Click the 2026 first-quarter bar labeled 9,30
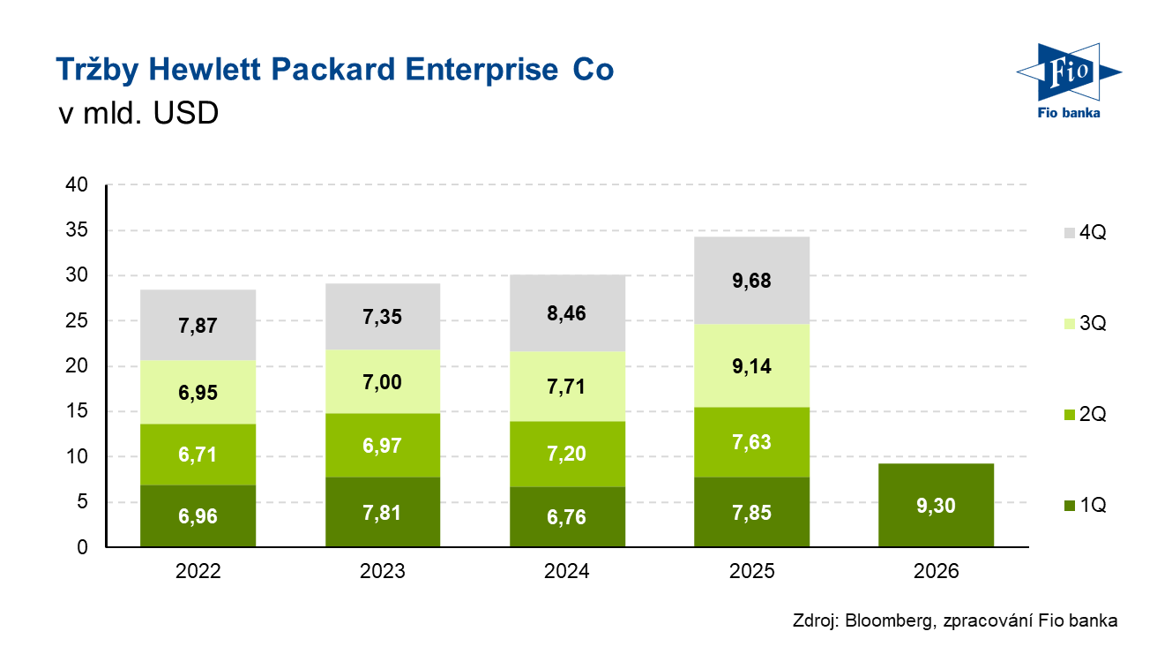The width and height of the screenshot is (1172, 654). click(936, 506)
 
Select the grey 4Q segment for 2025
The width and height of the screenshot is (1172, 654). click(751, 281)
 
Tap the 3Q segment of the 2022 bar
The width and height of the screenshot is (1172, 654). click(198, 392)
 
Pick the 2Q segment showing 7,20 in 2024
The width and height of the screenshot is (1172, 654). click(567, 454)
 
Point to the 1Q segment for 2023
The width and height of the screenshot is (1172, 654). click(382, 512)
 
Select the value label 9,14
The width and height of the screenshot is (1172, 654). click(751, 366)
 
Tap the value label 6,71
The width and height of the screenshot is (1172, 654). click(198, 455)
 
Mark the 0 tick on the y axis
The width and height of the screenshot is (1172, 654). click(82, 548)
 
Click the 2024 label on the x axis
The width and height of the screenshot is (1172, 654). click(567, 571)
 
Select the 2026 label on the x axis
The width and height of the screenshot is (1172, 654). click(936, 571)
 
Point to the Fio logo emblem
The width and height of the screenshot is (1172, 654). click(1067, 72)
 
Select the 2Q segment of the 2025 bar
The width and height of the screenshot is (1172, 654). click(751, 442)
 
